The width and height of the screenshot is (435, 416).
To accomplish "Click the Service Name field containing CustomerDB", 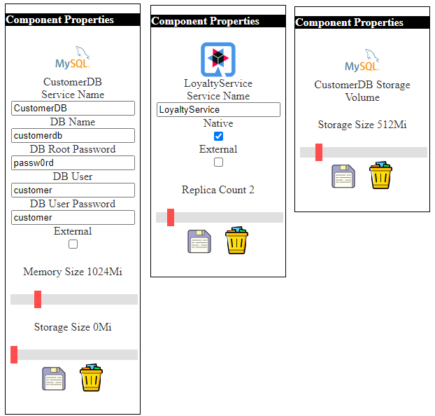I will click(x=73, y=109).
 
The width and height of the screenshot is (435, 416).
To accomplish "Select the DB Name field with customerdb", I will click(x=73, y=136).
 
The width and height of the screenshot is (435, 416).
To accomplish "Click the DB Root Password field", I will click(x=73, y=163).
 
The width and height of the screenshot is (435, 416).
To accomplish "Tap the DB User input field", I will click(x=73, y=190).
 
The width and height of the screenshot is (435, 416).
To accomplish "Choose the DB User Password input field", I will click(x=73, y=218).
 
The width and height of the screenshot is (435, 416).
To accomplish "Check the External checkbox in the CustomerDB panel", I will click(x=73, y=244).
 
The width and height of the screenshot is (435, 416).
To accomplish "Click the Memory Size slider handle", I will click(x=38, y=300).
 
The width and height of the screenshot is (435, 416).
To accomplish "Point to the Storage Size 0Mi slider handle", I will click(x=14, y=355).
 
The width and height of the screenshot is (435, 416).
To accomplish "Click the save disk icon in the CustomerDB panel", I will click(x=53, y=378).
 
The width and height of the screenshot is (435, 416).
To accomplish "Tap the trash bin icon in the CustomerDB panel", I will click(x=91, y=378).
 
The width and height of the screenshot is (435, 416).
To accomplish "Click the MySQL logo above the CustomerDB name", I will click(x=73, y=59).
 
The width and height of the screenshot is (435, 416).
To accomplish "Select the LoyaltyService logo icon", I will click(x=218, y=60).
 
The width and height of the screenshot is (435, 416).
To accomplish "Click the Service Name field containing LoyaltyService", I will click(x=218, y=110).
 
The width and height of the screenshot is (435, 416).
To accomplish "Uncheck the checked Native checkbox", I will click(x=218, y=136).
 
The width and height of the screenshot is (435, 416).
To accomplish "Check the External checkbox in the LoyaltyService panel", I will click(x=218, y=162).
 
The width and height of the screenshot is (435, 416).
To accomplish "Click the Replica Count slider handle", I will click(x=171, y=218).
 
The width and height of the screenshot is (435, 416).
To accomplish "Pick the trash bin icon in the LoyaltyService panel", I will click(x=236, y=241).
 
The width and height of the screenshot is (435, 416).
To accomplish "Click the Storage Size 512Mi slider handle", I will click(x=319, y=153).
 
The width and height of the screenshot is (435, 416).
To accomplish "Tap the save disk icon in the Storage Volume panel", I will click(x=343, y=176).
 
